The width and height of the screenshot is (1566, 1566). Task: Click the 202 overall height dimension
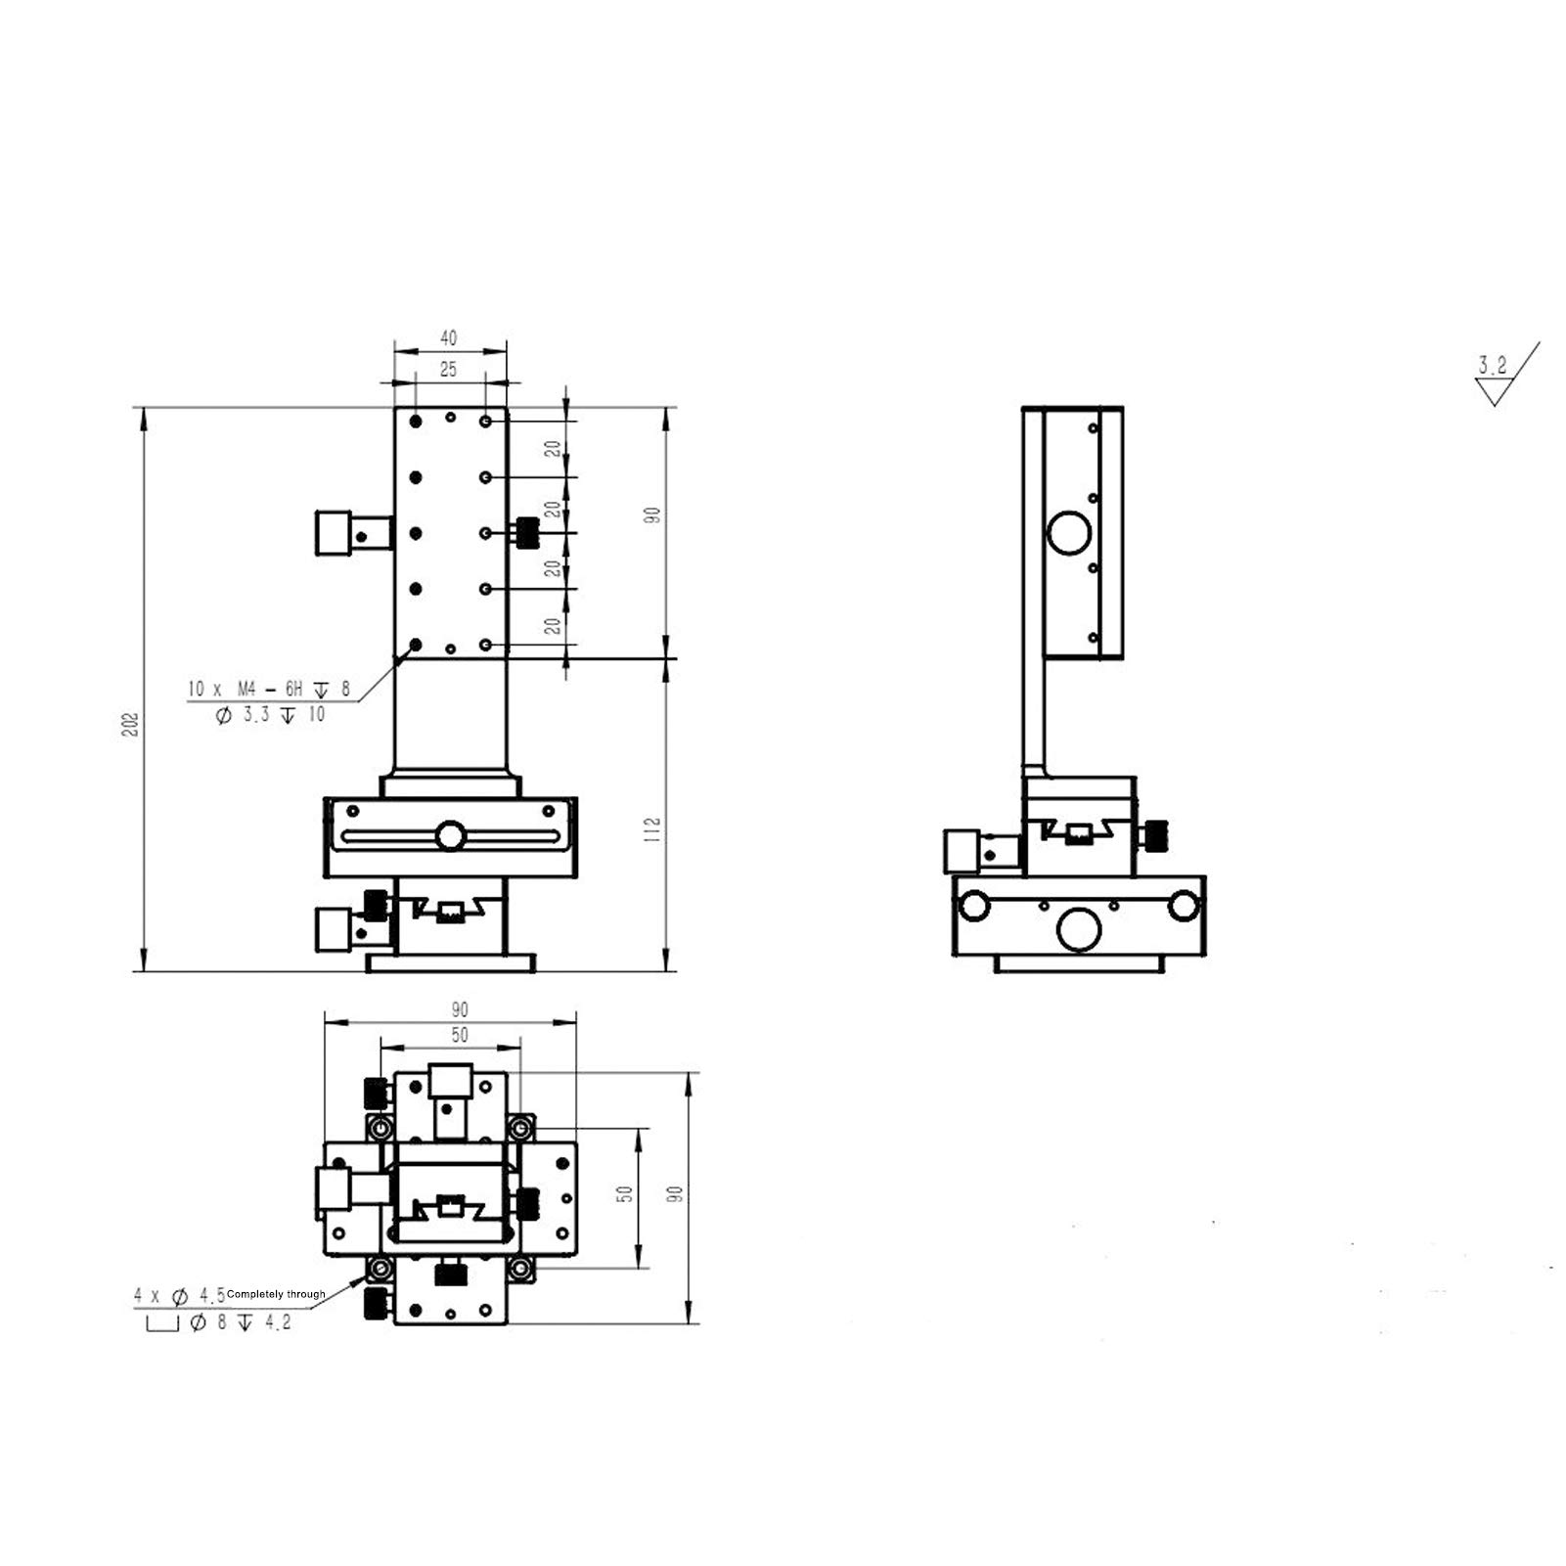point(132,723)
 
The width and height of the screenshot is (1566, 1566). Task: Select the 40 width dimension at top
point(448,338)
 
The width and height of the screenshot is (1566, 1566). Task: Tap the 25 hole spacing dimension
point(448,370)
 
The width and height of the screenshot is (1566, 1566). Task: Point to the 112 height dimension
point(653,829)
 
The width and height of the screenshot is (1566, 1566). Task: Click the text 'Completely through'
point(276,1294)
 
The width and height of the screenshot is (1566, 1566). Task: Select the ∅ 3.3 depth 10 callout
point(269,715)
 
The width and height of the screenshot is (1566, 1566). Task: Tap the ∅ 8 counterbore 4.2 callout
point(240,1323)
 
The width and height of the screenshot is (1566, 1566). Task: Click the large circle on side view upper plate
point(1068,534)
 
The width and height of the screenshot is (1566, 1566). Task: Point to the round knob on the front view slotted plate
point(451,836)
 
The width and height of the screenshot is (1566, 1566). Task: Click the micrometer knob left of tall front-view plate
point(335,534)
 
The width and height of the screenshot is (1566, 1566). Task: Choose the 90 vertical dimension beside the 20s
point(653,515)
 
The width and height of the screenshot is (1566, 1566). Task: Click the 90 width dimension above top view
point(460,1009)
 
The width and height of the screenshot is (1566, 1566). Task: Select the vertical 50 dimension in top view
point(626,1194)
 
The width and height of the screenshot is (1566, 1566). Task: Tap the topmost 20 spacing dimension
point(554,449)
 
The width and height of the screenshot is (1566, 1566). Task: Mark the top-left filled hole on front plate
point(416,421)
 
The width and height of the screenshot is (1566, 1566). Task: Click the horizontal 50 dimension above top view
point(460,1035)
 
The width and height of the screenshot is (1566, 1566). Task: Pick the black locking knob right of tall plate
point(528,533)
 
